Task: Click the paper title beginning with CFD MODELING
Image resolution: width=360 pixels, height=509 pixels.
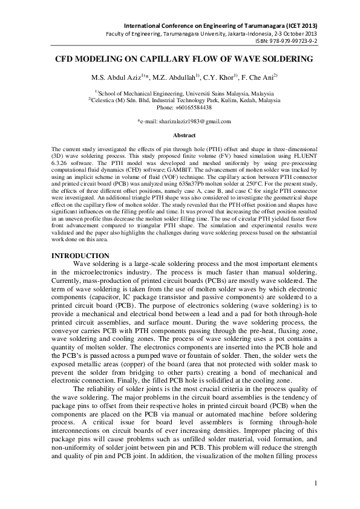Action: pyautogui.click(x=180, y=59)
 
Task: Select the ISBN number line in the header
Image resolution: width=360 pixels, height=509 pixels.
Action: pyautogui.click(x=296, y=41)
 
